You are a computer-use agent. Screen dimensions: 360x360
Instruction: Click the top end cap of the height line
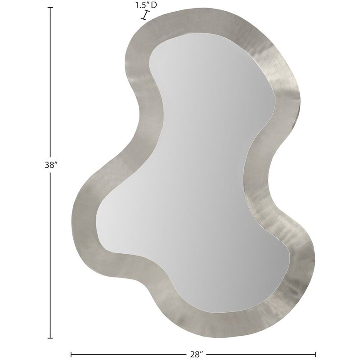pyautogui.click(x=50, y=9)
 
